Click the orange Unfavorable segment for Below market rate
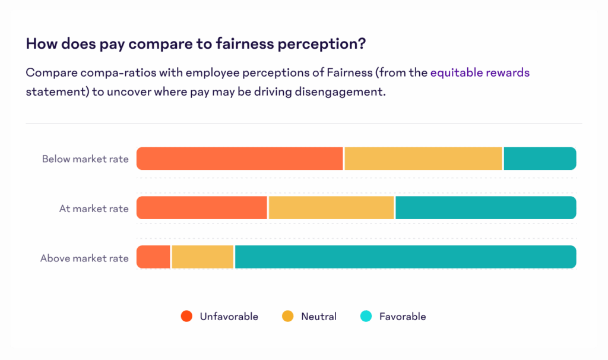coord(240,159)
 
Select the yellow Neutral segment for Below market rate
coord(423,159)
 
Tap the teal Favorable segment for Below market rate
coord(540,159)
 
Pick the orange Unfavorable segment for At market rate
coord(202,208)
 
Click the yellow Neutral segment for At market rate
coord(331,208)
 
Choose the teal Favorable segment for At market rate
coord(485,208)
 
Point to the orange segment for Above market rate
coord(153,257)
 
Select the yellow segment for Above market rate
coord(202,257)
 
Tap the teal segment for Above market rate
coord(405,257)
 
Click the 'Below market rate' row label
coord(85,159)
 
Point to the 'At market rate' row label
coord(94,209)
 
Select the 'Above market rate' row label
coord(84,258)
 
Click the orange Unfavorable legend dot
coord(186,317)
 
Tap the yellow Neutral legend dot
coord(288,317)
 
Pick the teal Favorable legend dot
coord(366,317)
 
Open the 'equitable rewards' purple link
coord(480,73)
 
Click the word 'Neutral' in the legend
coord(319,317)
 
